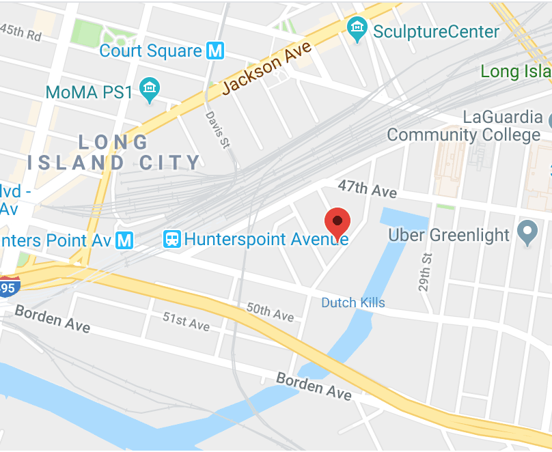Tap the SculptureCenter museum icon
pyautogui.click(x=357, y=29)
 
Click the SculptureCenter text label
pyautogui.click(x=436, y=31)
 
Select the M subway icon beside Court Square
pyautogui.click(x=216, y=51)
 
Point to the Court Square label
pyautogui.click(x=150, y=51)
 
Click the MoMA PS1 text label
pyautogui.click(x=89, y=91)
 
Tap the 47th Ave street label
pyautogui.click(x=368, y=189)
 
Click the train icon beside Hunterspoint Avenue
pyautogui.click(x=172, y=240)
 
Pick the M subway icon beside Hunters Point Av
pyautogui.click(x=124, y=240)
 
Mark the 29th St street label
pyautogui.click(x=426, y=271)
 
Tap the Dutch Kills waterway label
pyautogui.click(x=353, y=302)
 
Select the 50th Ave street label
pyautogui.click(x=271, y=312)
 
